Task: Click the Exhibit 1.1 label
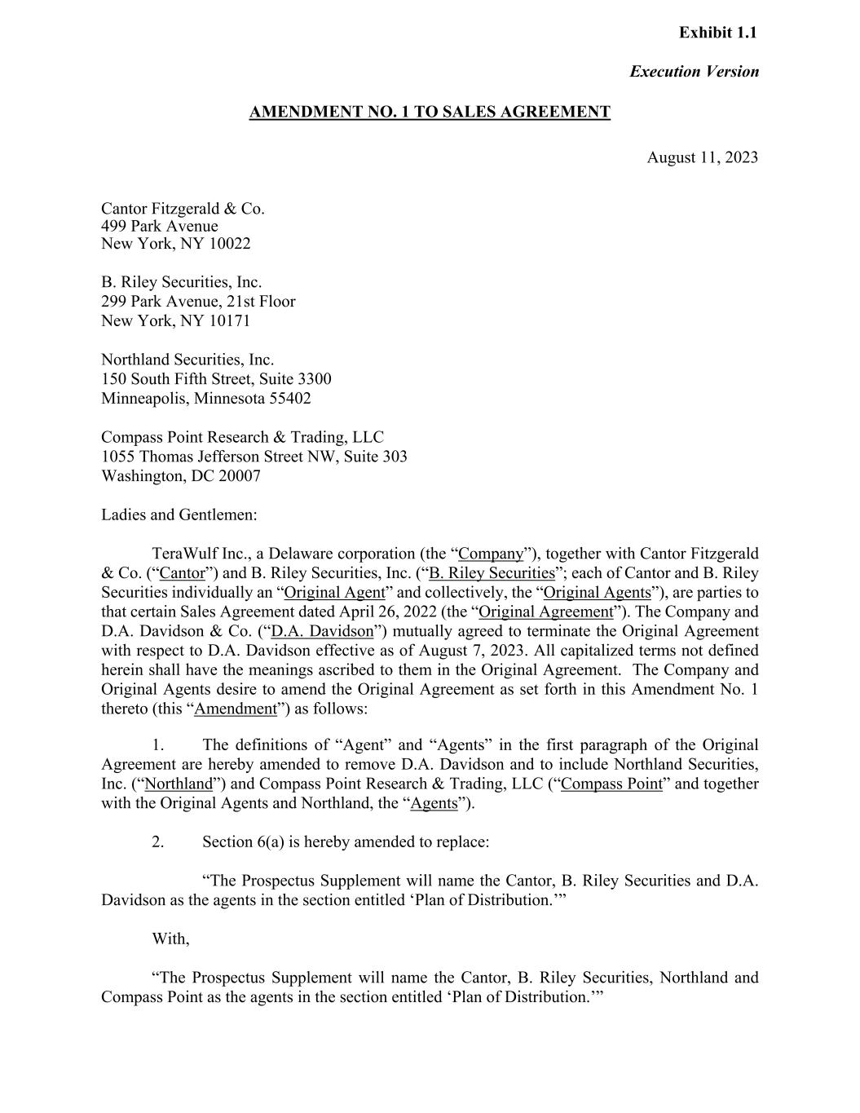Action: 717,33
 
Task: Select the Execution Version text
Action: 694,71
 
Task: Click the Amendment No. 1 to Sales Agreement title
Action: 430,112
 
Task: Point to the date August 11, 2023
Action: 702,157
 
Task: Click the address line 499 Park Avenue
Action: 160,226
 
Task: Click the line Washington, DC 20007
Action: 181,476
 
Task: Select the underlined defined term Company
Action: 491,554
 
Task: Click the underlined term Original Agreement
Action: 545,612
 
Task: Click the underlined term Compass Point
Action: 611,784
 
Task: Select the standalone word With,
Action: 170,939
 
